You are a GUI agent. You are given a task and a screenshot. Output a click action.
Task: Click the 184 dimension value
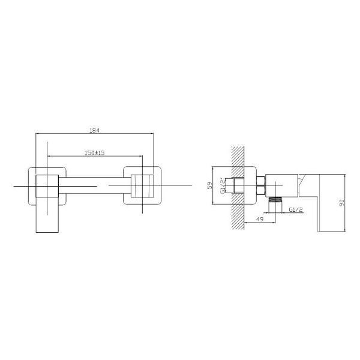pyautogui.click(x=95, y=130)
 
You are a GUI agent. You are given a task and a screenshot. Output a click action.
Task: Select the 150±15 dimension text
pyautogui.click(x=95, y=152)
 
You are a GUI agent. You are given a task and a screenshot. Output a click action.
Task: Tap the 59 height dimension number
pyautogui.click(x=210, y=185)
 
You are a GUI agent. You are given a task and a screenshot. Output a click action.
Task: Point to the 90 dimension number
pyautogui.click(x=342, y=203)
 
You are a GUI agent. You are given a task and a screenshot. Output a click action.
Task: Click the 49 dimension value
pyautogui.click(x=260, y=219)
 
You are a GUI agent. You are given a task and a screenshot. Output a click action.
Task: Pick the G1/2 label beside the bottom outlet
pyautogui.click(x=296, y=209)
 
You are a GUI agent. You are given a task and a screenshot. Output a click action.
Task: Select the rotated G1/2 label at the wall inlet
pyautogui.click(x=222, y=185)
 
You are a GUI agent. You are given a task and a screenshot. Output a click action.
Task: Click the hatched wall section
pyautogui.click(x=238, y=188)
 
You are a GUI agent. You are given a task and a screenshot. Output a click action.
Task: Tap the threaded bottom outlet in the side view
pyautogui.click(x=275, y=200)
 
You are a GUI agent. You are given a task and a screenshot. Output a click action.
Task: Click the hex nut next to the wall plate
pyautogui.click(x=261, y=185)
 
